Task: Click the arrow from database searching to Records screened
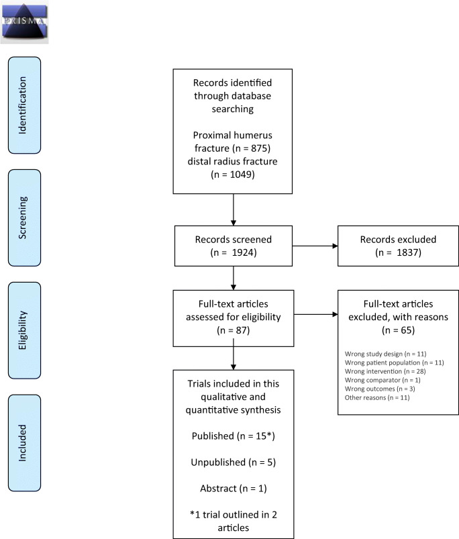(233, 208)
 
